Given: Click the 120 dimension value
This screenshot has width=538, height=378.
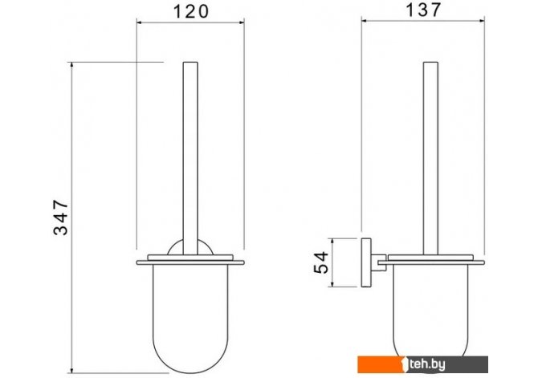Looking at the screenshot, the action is [x=191, y=11].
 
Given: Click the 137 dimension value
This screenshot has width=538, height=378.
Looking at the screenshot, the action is [x=422, y=10].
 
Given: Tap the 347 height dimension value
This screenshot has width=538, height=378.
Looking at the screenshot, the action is [x=61, y=217].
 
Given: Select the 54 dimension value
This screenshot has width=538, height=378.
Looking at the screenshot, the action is [x=321, y=262].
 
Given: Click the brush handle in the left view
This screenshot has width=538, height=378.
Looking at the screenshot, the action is [x=190, y=158].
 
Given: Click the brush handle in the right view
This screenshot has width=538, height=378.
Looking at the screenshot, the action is [x=430, y=158].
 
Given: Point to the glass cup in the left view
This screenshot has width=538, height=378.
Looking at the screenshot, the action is [x=190, y=319].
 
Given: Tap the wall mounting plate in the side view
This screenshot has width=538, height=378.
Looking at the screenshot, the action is [x=366, y=262].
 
